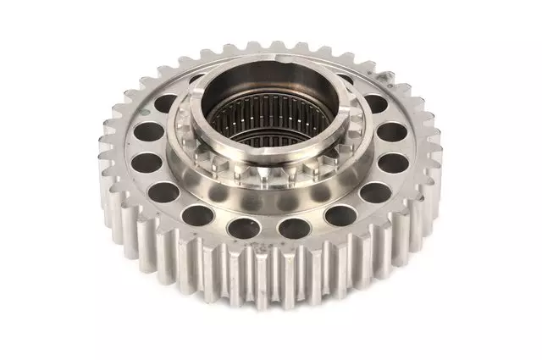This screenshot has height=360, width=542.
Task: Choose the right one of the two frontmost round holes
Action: pos(294,226)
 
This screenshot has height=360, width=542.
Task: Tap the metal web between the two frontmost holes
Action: pos(271,229)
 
